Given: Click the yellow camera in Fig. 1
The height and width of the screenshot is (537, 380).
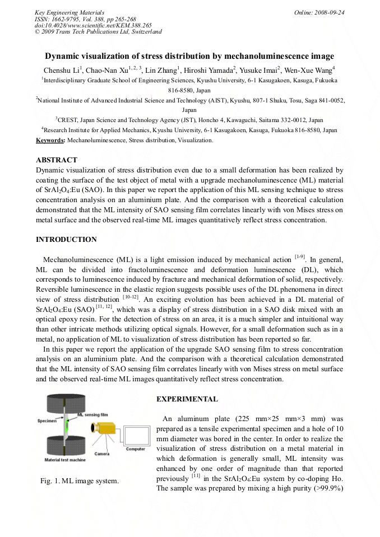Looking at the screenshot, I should tap(104, 428).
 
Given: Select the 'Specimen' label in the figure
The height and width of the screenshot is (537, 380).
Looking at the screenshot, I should tap(47, 420).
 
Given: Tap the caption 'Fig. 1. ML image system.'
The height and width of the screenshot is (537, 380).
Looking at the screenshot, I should tap(79, 481).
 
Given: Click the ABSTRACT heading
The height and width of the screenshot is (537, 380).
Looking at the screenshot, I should tap(57, 160).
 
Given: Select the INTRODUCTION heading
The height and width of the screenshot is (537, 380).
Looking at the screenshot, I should tap(66, 240).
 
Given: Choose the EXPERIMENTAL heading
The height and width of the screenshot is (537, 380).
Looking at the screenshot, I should tap(187, 399).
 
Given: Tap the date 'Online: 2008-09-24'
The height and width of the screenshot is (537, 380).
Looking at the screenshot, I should tap(319, 12).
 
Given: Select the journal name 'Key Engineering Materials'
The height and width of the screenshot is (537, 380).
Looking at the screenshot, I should tap(69, 12).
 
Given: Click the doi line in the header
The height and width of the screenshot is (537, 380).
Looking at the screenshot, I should tap(93, 25).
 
